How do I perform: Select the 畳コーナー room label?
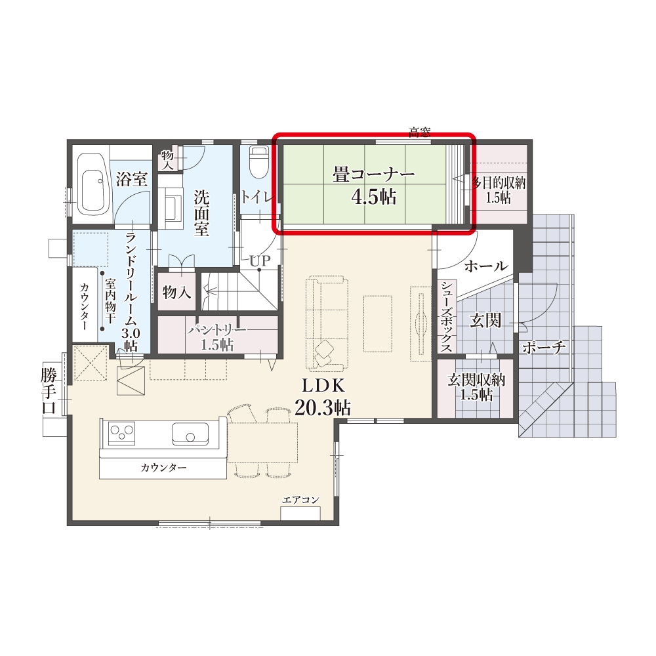[374, 174]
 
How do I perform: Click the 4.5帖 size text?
[374, 197]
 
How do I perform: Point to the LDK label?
[323, 386]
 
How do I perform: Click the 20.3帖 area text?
[323, 407]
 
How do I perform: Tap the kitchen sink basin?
[190, 434]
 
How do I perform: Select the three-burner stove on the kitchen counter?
[122, 433]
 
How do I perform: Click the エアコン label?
[300, 500]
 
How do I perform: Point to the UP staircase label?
[260, 260]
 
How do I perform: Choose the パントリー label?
[216, 331]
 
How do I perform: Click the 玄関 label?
[485, 321]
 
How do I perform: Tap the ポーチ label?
[543, 347]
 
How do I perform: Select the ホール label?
[485, 266]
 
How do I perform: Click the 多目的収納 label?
[499, 183]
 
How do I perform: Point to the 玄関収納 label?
[476, 380]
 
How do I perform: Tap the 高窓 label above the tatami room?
[420, 133]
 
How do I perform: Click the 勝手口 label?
[49, 390]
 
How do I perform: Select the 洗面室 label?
[201, 213]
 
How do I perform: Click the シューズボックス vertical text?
[446, 317]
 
